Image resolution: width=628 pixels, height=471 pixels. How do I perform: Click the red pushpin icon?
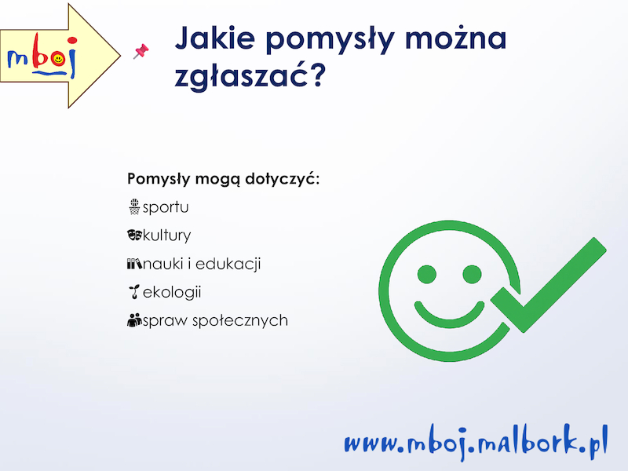click(x=141, y=51)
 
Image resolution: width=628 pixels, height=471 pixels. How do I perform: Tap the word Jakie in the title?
click(x=215, y=38)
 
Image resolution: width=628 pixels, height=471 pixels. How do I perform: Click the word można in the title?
click(x=456, y=37)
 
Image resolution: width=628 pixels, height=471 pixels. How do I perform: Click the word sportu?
click(x=166, y=207)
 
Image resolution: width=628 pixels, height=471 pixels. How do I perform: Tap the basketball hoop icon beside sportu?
click(x=134, y=206)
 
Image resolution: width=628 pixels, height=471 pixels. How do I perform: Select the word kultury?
click(x=166, y=235)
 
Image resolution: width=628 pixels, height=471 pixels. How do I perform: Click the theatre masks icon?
click(x=134, y=235)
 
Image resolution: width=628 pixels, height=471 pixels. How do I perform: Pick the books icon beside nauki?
click(x=134, y=264)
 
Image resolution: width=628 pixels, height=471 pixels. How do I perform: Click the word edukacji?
click(x=228, y=265)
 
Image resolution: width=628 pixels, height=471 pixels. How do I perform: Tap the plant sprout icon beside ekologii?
click(x=134, y=291)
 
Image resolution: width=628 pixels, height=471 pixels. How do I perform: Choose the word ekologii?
click(x=172, y=292)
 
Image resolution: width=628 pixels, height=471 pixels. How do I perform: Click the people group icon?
click(x=134, y=320)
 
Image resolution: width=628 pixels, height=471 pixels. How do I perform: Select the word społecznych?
click(x=240, y=321)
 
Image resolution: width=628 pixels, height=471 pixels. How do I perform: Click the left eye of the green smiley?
click(x=426, y=274)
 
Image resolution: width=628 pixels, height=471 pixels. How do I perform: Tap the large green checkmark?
click(x=549, y=285)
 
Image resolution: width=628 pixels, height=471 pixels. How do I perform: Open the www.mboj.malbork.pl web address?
click(x=476, y=443)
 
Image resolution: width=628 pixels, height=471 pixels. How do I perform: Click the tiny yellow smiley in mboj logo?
click(x=58, y=60)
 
